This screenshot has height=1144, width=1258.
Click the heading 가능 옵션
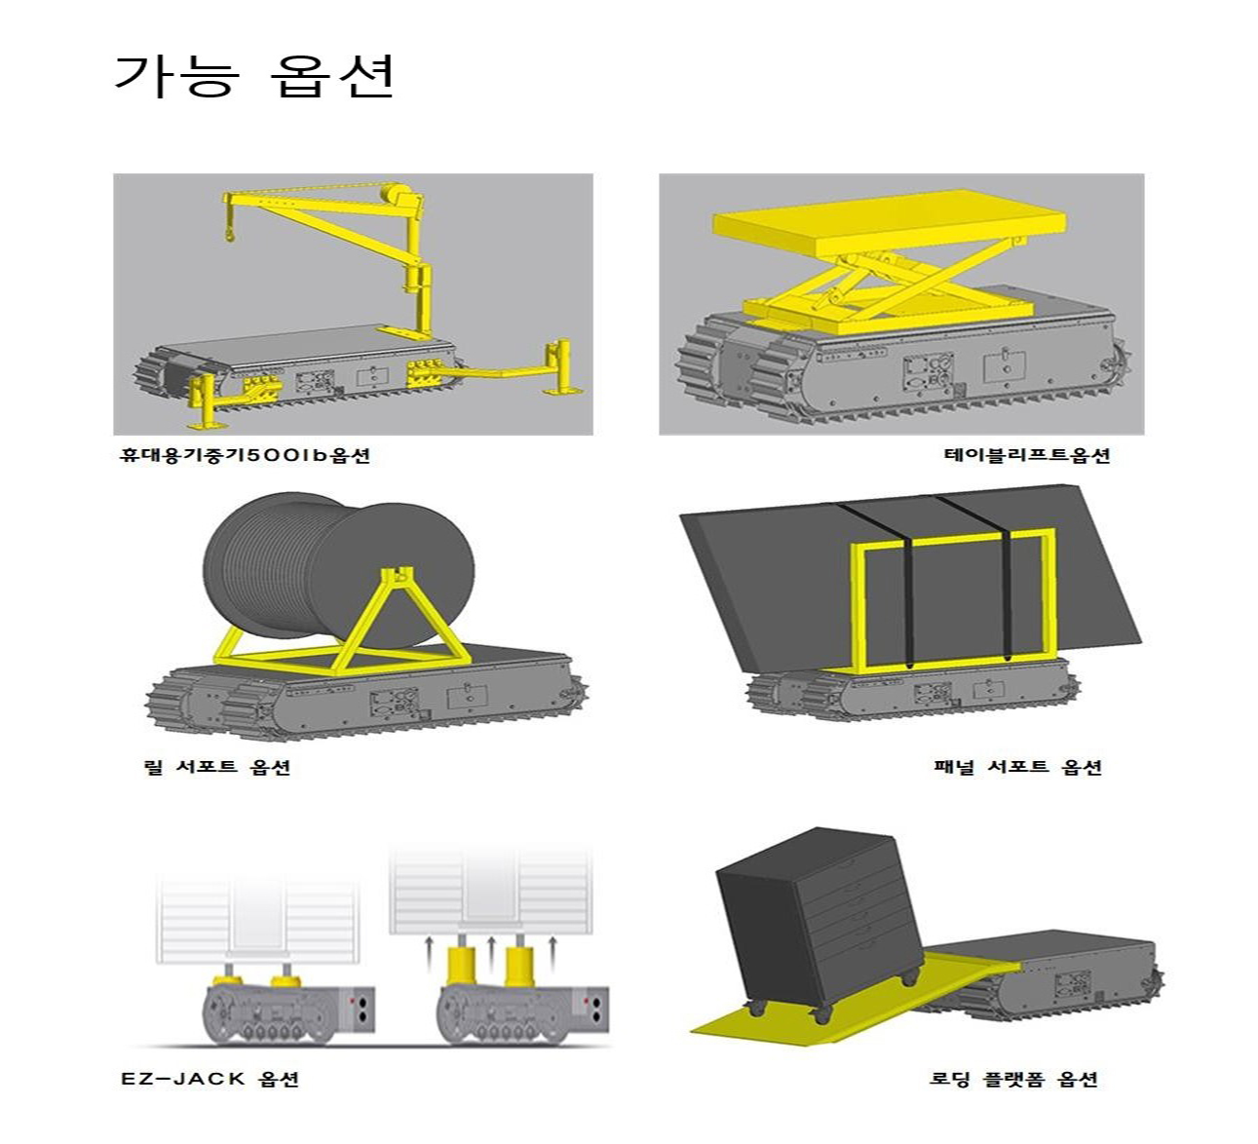pyautogui.click(x=254, y=76)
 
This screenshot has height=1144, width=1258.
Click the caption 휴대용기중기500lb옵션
pyautogui.click(x=246, y=455)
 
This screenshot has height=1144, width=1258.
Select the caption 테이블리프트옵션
pyautogui.click(x=1027, y=455)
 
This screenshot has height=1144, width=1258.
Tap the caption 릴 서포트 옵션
pyautogui.click(x=217, y=767)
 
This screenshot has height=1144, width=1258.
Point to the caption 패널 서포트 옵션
pyautogui.click(x=1018, y=767)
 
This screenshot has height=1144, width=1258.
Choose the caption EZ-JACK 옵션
pyautogui.click(x=210, y=1079)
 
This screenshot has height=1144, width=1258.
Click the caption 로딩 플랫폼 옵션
pyautogui.click(x=1013, y=1079)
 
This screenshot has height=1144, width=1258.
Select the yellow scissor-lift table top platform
pyautogui.click(x=890, y=222)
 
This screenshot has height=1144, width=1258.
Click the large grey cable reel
pyautogui.click(x=339, y=572)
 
